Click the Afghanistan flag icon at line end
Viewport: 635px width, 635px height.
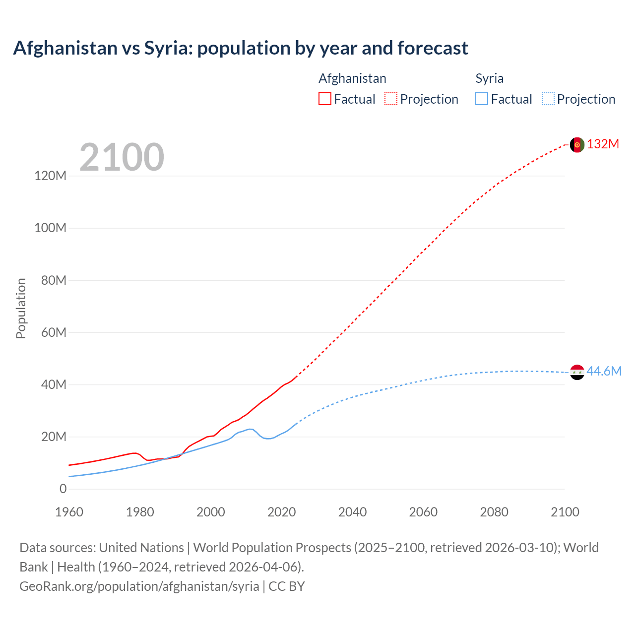(x=577, y=145)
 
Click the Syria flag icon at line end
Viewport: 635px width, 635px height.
(x=577, y=372)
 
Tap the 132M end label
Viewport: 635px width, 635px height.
(x=603, y=144)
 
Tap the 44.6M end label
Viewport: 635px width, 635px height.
(x=604, y=372)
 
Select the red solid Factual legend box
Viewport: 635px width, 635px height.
(x=325, y=99)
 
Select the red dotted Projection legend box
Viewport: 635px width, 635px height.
(x=391, y=99)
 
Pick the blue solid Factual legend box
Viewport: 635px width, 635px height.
(x=482, y=99)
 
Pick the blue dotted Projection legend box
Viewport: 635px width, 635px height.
(x=548, y=99)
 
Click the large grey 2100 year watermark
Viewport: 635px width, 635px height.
(x=122, y=157)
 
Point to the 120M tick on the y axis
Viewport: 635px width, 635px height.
(x=51, y=176)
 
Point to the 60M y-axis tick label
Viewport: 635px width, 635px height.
(x=54, y=332)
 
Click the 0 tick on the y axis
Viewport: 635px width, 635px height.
(x=63, y=489)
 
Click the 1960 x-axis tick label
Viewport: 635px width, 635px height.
(x=69, y=512)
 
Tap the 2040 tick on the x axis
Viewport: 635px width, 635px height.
(x=352, y=512)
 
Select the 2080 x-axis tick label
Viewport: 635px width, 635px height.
(x=494, y=512)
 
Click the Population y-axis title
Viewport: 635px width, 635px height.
(x=21, y=308)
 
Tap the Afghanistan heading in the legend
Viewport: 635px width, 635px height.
(x=352, y=78)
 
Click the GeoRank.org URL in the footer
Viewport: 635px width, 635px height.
(x=139, y=586)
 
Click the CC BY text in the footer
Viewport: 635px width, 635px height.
(x=287, y=586)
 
